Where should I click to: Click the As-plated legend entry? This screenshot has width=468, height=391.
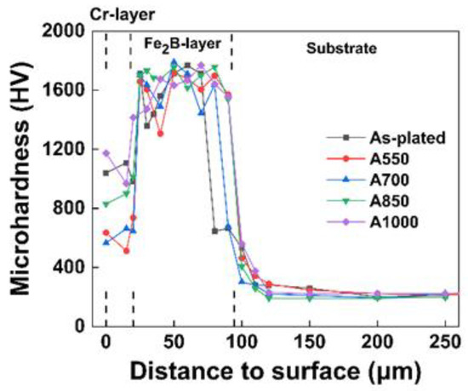(374, 138)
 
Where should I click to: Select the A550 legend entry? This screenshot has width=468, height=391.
(367, 159)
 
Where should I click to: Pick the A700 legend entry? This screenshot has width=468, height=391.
(367, 181)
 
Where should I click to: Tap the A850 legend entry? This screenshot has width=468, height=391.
(367, 202)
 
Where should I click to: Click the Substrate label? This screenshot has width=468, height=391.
(340, 49)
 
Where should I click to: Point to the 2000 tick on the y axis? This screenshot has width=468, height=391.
(71, 31)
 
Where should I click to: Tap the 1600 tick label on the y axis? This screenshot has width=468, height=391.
(71, 89)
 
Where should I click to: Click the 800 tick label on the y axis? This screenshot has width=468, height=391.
(75, 208)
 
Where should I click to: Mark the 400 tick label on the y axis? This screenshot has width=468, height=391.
(75, 267)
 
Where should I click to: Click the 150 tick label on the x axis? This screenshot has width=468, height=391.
(308, 342)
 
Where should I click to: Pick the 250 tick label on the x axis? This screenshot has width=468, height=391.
(443, 342)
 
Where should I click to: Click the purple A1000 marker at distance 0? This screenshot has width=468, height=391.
(106, 153)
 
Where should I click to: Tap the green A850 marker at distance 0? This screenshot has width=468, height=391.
(106, 204)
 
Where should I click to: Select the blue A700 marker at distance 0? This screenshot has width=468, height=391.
(106, 243)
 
